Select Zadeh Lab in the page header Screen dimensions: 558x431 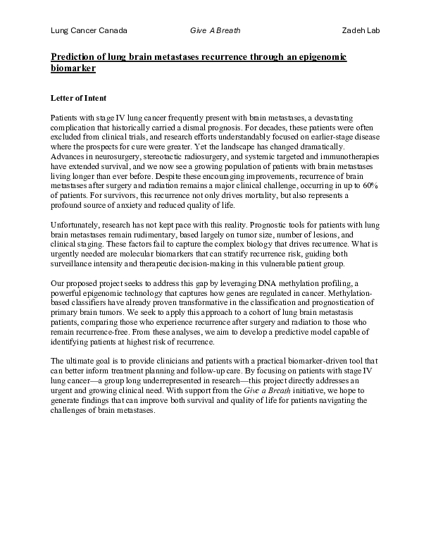point(360,30)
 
